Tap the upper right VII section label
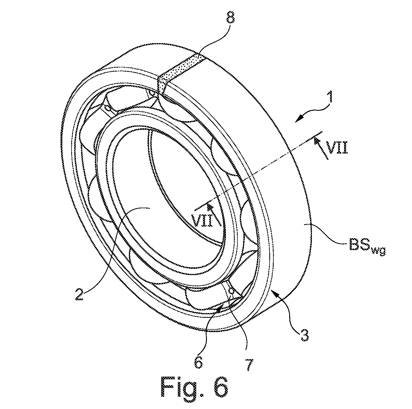[x=338, y=147]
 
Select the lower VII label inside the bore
[x=203, y=221]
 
